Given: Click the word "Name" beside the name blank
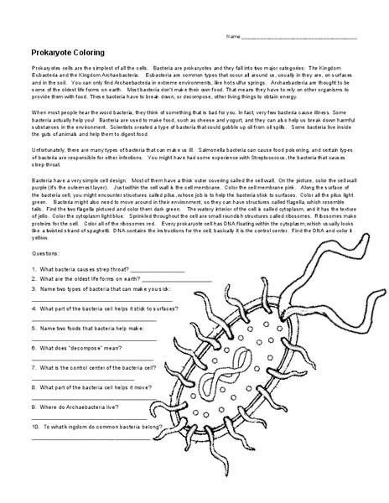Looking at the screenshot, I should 233,37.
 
